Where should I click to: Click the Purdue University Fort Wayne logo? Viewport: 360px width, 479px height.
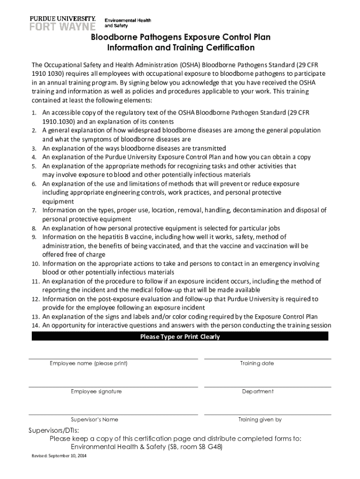(63, 22)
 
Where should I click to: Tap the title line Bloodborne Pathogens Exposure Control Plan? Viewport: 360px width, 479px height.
(180, 37)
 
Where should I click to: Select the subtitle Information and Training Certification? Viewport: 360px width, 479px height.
(180, 48)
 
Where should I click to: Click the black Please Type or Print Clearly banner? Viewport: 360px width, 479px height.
(180, 336)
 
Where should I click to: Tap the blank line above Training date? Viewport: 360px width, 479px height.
(267, 358)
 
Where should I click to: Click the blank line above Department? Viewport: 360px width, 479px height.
(267, 386)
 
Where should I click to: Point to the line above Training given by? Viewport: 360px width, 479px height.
(267, 414)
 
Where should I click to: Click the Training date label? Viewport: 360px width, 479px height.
(257, 363)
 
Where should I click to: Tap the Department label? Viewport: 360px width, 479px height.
(258, 392)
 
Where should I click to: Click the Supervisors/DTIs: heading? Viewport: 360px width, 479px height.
(54, 430)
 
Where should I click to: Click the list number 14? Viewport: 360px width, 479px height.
(35, 326)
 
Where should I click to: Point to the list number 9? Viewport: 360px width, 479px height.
(34, 237)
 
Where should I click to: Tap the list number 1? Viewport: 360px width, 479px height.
(34, 113)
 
